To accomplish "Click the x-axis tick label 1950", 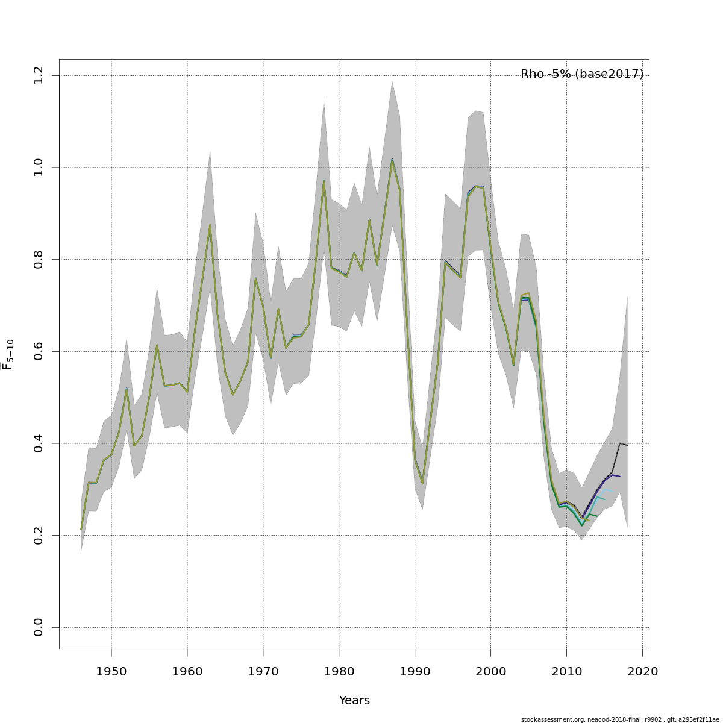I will tap(111, 671).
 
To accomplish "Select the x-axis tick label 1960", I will tap(187, 671).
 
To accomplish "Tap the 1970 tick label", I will tap(263, 671).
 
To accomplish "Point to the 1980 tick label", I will tap(339, 671).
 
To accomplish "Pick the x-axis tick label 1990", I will tap(415, 671).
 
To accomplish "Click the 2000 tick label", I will tap(491, 671).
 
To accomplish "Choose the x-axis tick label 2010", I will tap(567, 671).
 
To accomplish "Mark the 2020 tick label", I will tap(643, 671).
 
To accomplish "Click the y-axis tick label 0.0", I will tap(39, 627).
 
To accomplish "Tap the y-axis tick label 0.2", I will tap(39, 535).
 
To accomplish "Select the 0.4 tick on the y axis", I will tap(39, 443).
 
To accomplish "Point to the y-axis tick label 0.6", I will tap(39, 351).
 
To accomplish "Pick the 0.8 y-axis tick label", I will tap(39, 259).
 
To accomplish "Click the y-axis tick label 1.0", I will tap(39, 167).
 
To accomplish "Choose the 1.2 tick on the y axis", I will tap(39, 75).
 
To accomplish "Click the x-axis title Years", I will tap(354, 701).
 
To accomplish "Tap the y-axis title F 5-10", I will tap(8, 354).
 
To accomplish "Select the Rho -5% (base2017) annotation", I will tap(582, 74).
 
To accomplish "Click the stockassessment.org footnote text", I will tap(620, 719).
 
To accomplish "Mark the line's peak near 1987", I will tap(392, 160).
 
